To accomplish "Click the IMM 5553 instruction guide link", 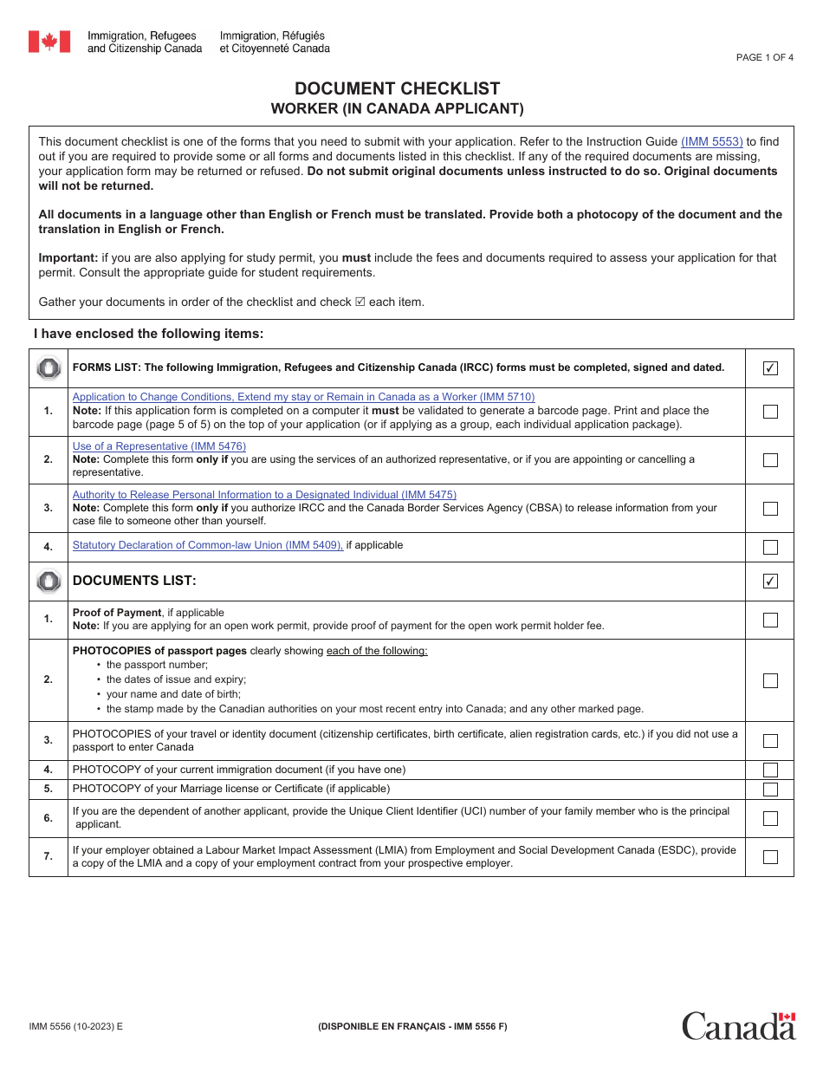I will tap(711, 141).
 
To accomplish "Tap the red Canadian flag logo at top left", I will tap(49, 42).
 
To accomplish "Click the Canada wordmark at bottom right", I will tap(738, 1026).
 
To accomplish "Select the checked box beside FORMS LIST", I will tap(769, 368).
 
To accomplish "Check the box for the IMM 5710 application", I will tap(769, 412).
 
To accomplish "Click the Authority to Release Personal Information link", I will tap(264, 495).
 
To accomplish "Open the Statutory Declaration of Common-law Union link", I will tap(208, 545).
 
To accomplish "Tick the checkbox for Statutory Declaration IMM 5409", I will tap(769, 547).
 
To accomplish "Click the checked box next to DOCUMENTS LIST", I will tap(769, 582).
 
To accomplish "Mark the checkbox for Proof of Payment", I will tap(769, 620).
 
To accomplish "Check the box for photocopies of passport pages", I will tap(769, 680).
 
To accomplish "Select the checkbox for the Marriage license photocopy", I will tap(769, 789).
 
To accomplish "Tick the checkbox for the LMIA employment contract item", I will tap(769, 857).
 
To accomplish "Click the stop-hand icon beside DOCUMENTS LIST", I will tap(49, 581).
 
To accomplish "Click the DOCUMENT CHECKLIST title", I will tap(397, 88).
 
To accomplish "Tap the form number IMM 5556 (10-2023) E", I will tap(76, 1026).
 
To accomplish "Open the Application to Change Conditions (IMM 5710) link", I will tap(303, 397).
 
